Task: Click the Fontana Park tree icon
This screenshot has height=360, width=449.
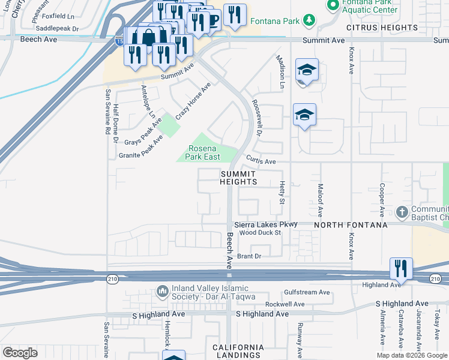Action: click(309, 21)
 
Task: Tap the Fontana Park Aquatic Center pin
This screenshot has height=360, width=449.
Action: click(333, 5)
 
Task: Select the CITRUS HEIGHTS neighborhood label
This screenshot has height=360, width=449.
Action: click(381, 28)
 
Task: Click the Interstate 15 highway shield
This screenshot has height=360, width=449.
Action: click(119, 41)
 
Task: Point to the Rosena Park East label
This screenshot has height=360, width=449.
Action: click(206, 152)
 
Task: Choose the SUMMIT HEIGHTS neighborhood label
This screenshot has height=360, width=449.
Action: click(238, 178)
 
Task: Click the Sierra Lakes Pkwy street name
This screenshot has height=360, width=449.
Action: click(265, 224)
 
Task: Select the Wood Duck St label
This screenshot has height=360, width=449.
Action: click(260, 232)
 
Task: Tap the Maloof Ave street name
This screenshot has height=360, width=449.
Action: click(321, 200)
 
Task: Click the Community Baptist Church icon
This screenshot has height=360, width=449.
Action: click(403, 212)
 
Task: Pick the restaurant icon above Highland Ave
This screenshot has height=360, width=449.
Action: click(400, 269)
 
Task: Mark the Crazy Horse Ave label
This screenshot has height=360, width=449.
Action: click(193, 101)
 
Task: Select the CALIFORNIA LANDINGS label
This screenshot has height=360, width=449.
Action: click(238, 352)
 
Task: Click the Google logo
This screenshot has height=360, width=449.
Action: click(20, 353)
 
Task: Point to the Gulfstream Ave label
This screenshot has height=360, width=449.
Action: click(307, 292)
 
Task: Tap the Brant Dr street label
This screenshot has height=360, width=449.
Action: click(250, 256)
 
